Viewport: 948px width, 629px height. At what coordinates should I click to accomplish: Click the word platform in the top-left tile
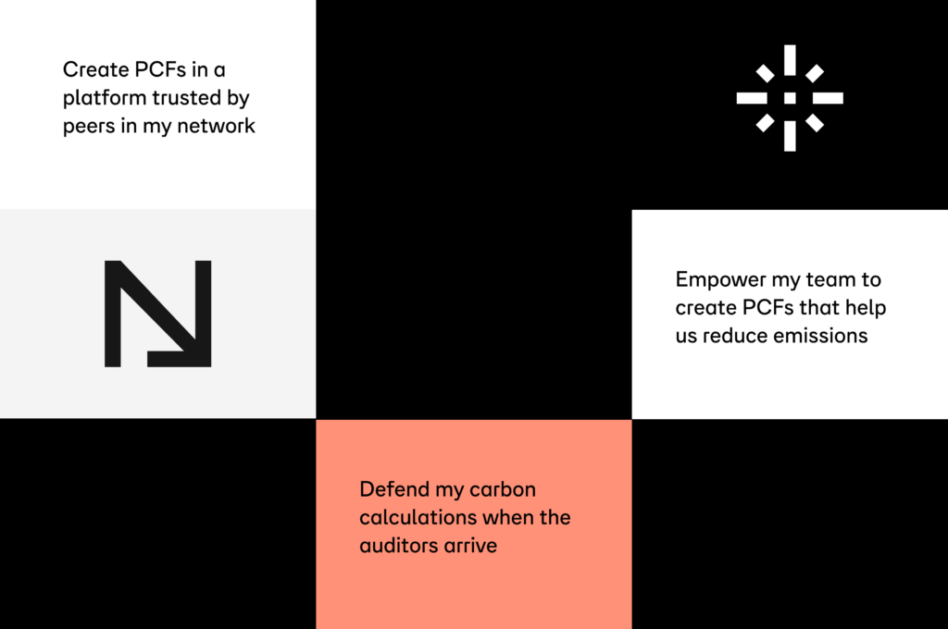(101, 98)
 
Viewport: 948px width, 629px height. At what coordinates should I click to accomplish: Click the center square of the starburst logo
(790, 98)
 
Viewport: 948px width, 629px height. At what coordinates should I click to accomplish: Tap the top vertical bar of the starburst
(790, 60)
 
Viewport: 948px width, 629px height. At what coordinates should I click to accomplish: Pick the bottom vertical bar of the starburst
(790, 135)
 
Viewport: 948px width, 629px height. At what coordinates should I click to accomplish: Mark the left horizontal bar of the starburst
(752, 98)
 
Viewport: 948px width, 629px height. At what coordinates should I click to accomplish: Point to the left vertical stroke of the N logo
(112, 314)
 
